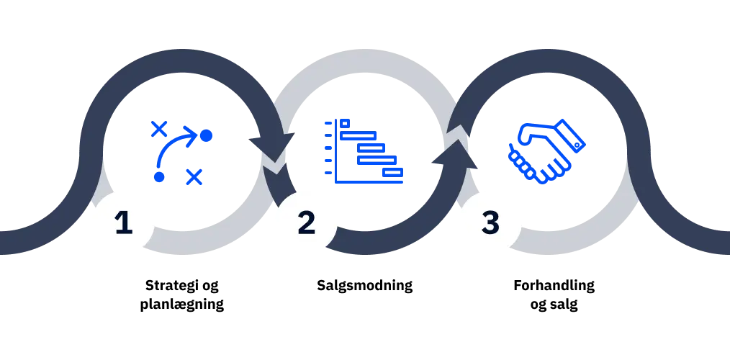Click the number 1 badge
(x=123, y=222)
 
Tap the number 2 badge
(x=307, y=222)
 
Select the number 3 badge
(x=490, y=222)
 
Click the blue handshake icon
(x=546, y=152)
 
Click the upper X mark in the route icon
(x=159, y=130)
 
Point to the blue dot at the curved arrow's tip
(x=207, y=135)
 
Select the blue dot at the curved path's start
(x=159, y=176)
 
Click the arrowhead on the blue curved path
(x=193, y=135)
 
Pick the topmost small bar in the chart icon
(x=345, y=122)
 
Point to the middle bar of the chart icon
(x=372, y=148)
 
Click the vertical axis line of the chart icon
(x=337, y=151)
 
